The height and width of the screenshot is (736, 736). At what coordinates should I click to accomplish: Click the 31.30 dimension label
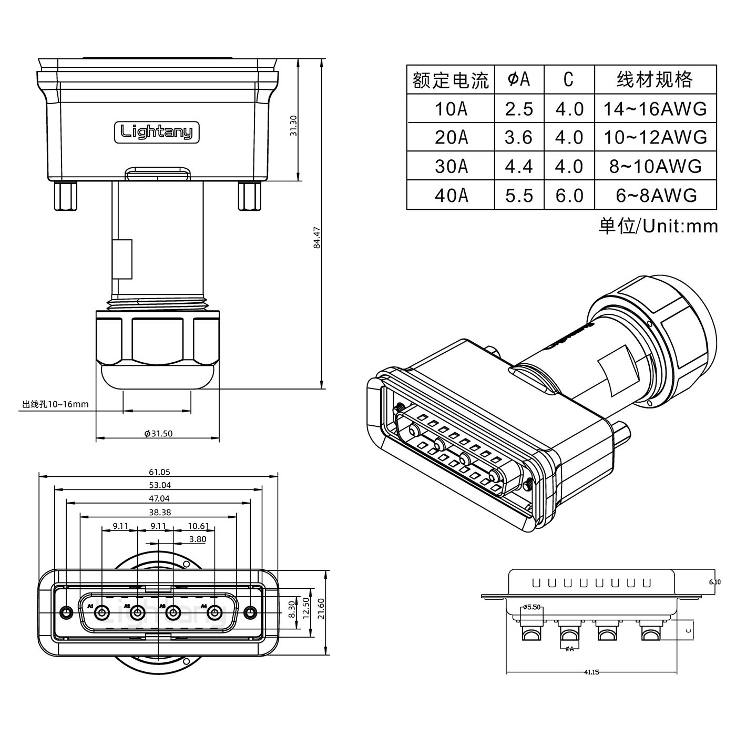tap(294, 126)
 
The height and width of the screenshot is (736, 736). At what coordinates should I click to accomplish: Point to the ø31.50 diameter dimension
tap(158, 434)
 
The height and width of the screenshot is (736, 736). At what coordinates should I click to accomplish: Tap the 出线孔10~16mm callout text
tap(55, 404)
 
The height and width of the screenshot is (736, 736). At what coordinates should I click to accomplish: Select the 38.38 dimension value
tap(160, 512)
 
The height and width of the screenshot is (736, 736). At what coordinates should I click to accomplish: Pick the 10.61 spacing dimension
tap(198, 526)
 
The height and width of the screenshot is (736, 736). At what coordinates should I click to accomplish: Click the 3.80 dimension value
tap(197, 539)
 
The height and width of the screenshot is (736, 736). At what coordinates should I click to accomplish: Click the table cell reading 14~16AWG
tap(655, 109)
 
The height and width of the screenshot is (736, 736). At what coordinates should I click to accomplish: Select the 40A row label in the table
tap(451, 196)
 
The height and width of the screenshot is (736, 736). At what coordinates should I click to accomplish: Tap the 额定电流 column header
tap(451, 80)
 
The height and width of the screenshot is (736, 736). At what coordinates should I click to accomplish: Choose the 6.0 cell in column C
tap(569, 196)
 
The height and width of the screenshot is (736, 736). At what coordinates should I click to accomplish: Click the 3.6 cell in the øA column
tap(519, 138)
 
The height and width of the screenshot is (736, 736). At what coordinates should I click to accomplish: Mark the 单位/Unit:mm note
tap(658, 226)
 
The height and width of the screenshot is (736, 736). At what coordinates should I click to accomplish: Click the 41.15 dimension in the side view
tap(591, 672)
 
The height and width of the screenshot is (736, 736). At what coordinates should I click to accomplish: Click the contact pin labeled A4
tap(214, 612)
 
